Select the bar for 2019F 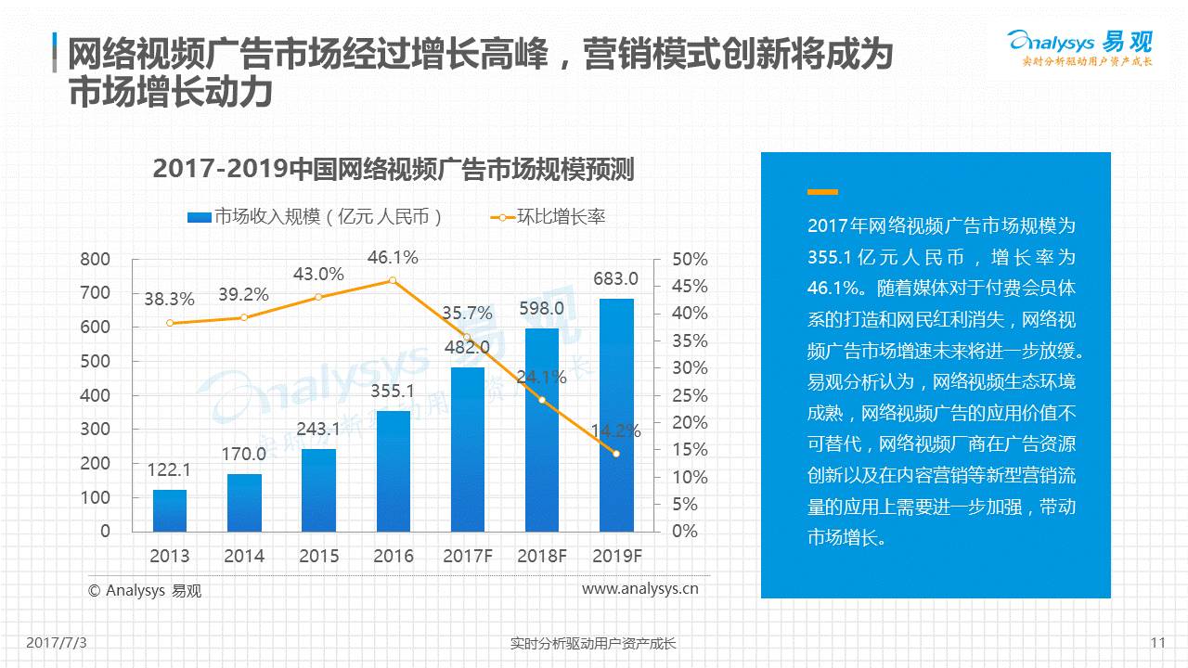coord(616,415)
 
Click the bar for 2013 coord(170,510)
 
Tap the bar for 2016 coord(393,470)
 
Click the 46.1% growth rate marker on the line coord(393,280)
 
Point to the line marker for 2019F coord(615,454)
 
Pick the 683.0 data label coord(615,278)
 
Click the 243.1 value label coord(318,429)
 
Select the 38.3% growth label coord(169,300)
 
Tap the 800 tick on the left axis coord(95,259)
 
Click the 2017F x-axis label coord(467,557)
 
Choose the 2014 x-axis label coord(243,557)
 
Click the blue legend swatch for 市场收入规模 coord(200,217)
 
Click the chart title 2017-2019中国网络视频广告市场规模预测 coord(393,170)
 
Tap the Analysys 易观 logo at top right coord(1079,46)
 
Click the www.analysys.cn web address coord(639,588)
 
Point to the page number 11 coord(1157,643)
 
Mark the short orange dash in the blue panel coord(822,192)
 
